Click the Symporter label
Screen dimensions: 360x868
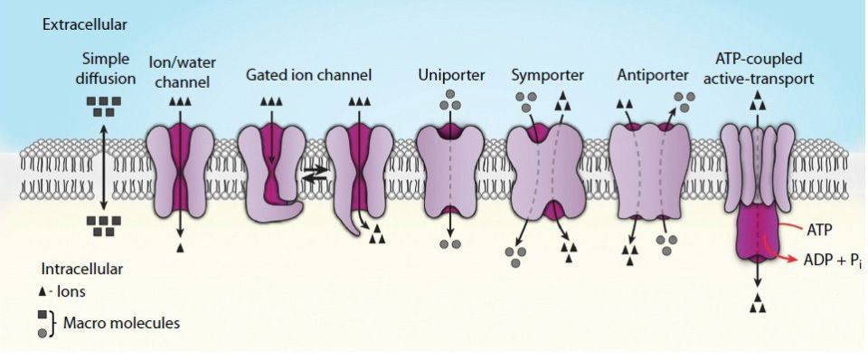pos(542,74)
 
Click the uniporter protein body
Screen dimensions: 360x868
pos(449,177)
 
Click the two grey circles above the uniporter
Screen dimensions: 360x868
pos(449,105)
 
